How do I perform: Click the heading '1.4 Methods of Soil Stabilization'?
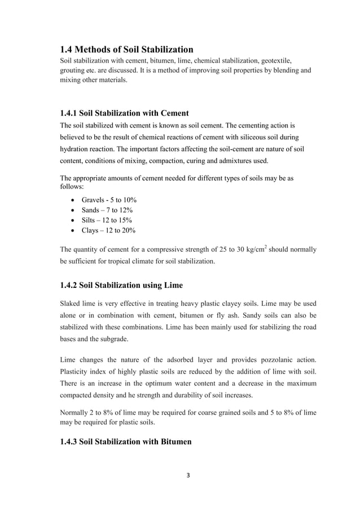coord(126,49)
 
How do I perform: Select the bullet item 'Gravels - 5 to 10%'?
coord(109,200)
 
